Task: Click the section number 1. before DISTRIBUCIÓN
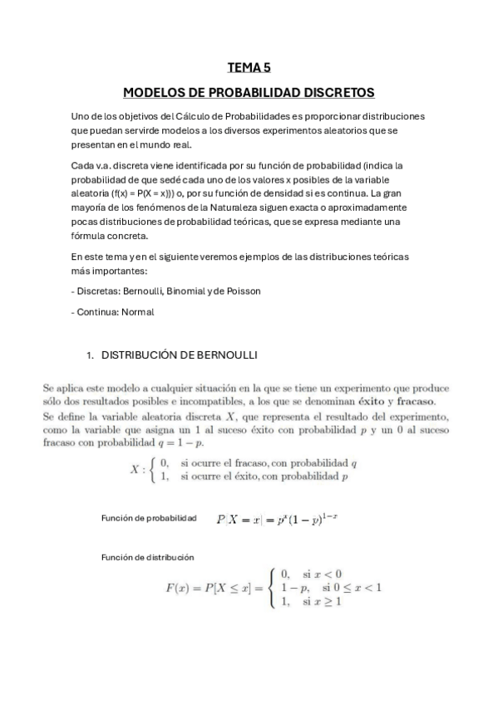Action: [x=91, y=354]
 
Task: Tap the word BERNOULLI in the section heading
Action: [x=226, y=354]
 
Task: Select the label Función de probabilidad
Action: [x=149, y=519]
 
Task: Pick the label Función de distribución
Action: [x=147, y=558]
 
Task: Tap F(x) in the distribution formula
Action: [x=177, y=588]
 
